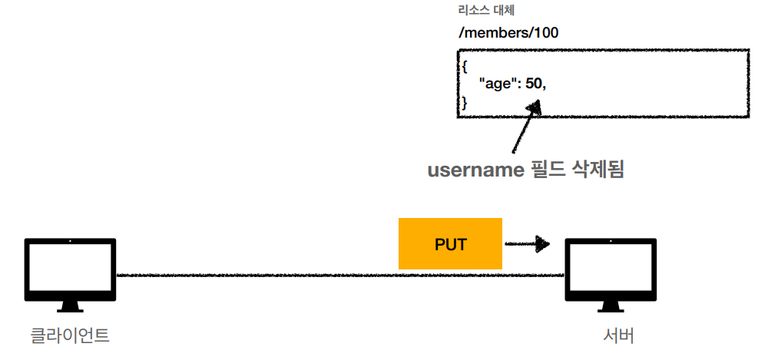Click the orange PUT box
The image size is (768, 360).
point(450,244)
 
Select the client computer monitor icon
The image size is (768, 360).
point(70,269)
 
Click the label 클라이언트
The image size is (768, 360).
point(70,335)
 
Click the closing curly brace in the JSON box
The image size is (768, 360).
point(464,101)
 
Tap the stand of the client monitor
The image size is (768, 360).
point(70,306)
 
